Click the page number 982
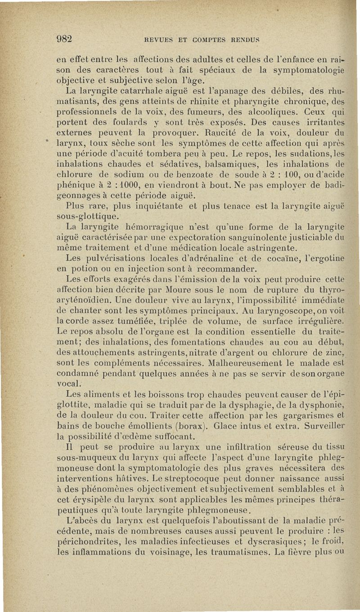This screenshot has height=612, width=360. coord(65,39)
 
